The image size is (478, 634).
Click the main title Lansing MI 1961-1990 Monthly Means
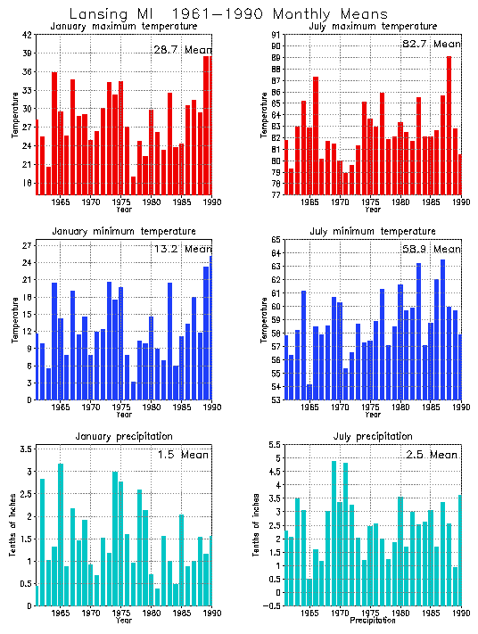click(x=228, y=14)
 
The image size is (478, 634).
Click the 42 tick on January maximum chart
click(x=28, y=35)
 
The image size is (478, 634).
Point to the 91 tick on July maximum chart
click(x=276, y=45)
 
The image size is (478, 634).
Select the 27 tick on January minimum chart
click(x=28, y=245)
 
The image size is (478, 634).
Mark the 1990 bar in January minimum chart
click(x=211, y=327)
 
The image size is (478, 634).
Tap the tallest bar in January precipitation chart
click(x=61, y=534)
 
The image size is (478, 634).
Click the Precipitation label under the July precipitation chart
click(x=372, y=620)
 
